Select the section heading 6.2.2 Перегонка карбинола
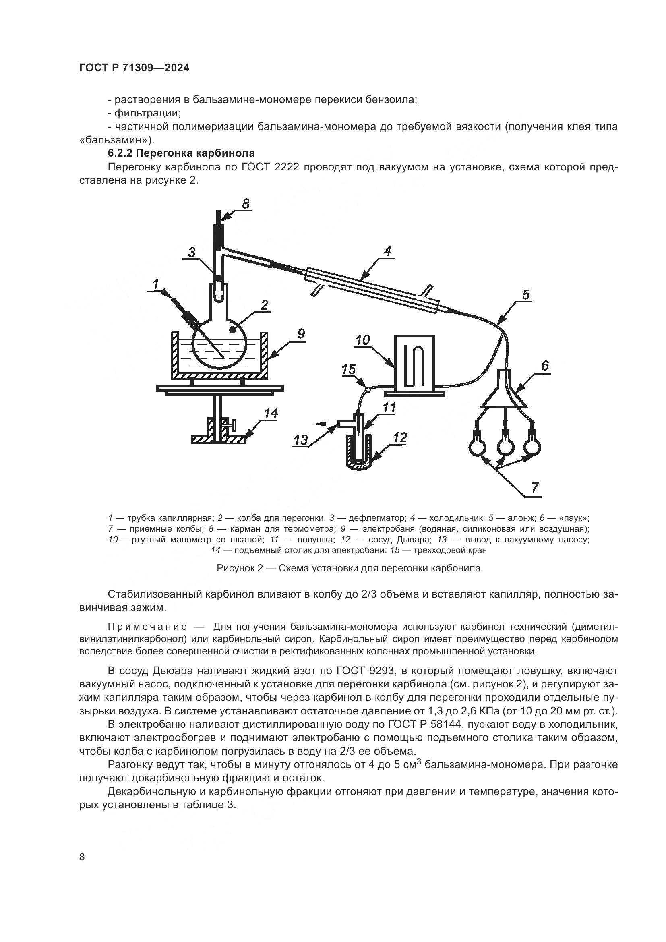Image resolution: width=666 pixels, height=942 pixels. point(181,153)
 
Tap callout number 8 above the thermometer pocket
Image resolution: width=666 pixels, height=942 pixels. point(246,203)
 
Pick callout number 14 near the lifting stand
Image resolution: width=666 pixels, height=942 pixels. point(271,413)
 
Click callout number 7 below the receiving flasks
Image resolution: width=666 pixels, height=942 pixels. point(535,488)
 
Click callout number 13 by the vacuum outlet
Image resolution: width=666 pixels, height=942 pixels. point(301,440)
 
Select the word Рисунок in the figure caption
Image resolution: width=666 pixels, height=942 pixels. point(236,569)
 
